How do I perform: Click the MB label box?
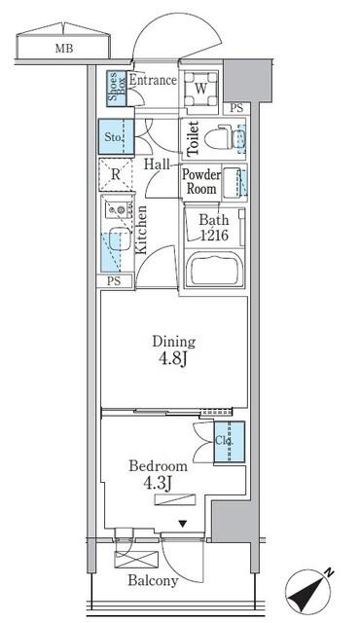63,46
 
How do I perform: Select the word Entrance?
152,80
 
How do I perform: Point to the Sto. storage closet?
114,138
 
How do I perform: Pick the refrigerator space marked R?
115,175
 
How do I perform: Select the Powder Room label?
199,182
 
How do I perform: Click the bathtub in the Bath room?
214,268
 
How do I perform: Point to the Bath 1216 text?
214,227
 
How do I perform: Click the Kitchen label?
142,230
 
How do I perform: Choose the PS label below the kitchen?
115,282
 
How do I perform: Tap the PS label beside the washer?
236,107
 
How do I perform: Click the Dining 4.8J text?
172,349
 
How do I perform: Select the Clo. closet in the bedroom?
228,440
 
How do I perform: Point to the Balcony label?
151,582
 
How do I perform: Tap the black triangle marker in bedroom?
181,525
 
